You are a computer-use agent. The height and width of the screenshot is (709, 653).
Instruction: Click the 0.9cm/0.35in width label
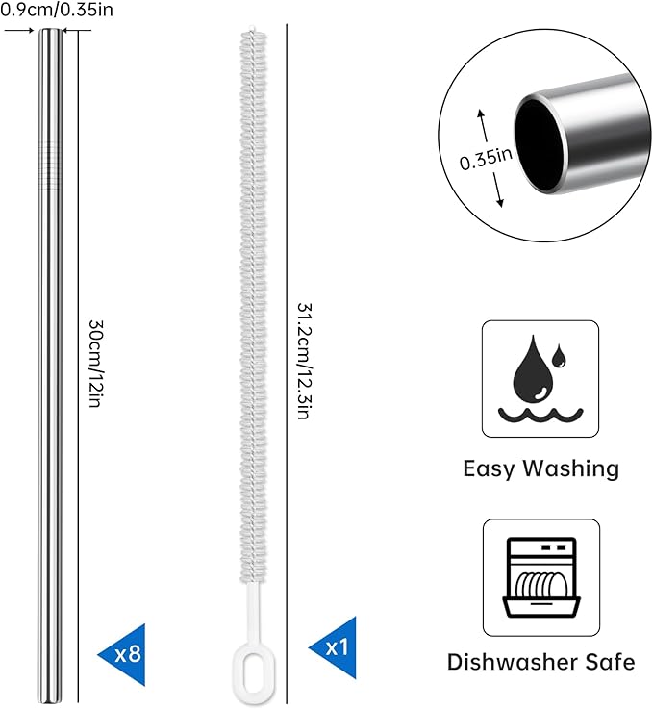[57, 9]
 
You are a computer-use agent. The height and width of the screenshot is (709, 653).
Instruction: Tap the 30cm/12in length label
[96, 364]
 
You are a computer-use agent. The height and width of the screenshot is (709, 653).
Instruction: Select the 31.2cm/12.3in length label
[305, 361]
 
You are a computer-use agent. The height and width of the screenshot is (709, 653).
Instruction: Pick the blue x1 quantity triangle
[336, 647]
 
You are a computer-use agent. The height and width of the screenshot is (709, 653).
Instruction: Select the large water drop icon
[534, 369]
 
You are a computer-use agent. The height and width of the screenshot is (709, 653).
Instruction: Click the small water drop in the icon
[559, 355]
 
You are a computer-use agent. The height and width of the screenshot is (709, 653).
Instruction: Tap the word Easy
[489, 468]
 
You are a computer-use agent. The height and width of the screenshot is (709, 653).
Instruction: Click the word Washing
[573, 468]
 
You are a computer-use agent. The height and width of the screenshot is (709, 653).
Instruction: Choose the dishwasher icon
[541, 577]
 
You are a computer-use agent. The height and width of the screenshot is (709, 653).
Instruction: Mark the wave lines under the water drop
[540, 415]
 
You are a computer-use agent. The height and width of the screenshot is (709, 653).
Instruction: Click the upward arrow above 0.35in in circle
[484, 125]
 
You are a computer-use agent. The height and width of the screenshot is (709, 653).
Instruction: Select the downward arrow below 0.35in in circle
[496, 190]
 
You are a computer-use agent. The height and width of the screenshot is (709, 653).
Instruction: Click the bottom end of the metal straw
[50, 701]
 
